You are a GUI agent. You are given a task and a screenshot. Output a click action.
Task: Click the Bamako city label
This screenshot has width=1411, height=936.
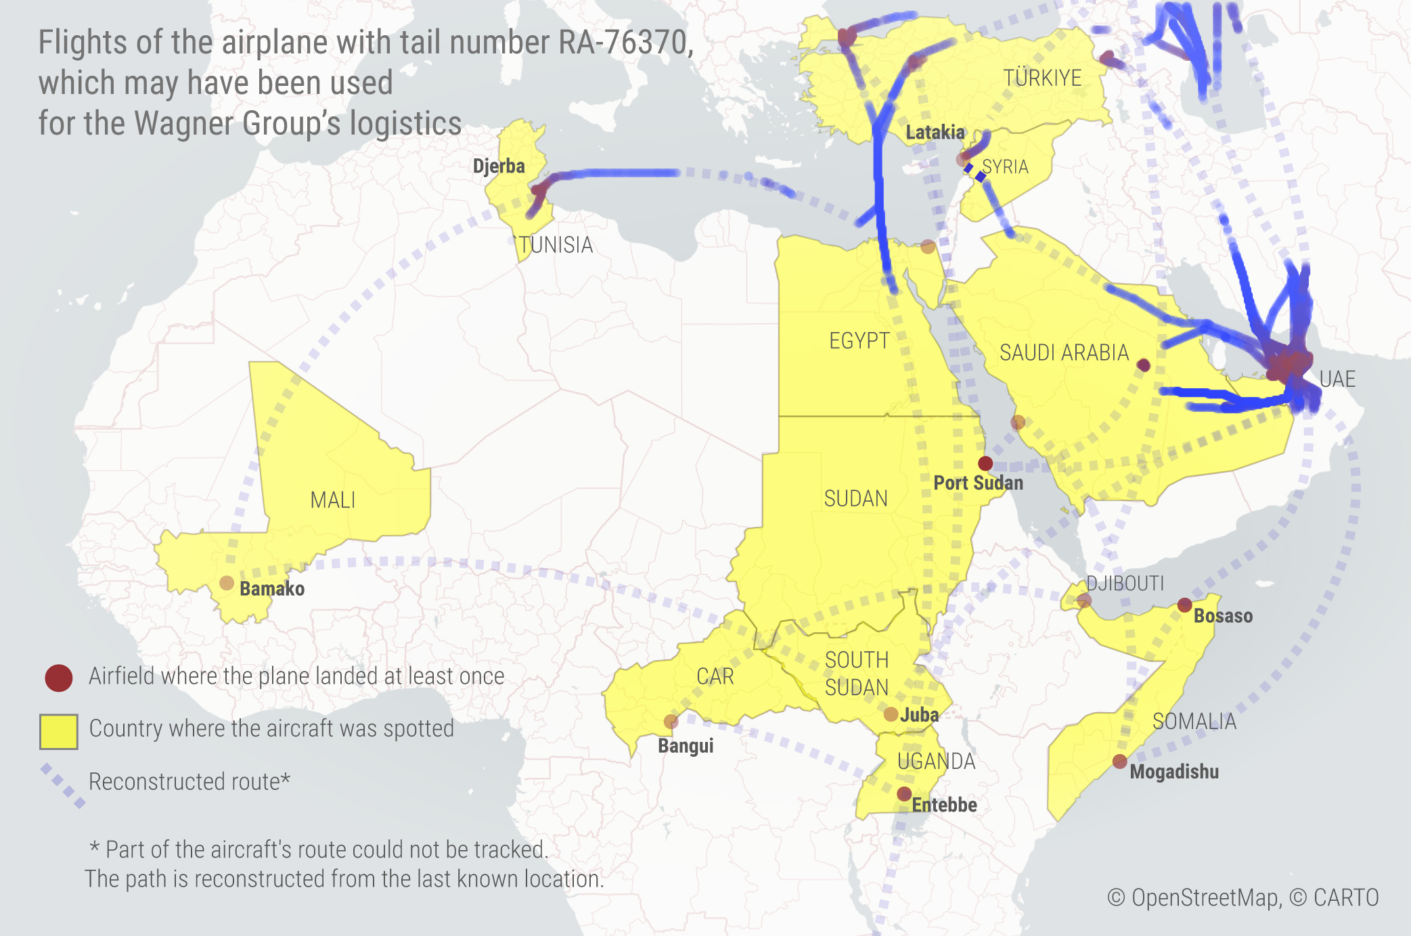272,588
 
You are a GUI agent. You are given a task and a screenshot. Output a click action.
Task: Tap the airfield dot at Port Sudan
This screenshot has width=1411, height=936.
985,463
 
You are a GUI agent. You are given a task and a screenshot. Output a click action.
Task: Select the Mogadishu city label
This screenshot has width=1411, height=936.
1174,772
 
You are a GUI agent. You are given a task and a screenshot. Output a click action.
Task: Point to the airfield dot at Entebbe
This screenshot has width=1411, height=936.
904,794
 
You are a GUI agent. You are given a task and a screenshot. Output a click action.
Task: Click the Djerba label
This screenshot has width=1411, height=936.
499,166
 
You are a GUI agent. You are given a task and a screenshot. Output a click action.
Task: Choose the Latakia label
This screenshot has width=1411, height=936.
935,132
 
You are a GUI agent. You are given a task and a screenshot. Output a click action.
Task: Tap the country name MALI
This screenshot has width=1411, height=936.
332,500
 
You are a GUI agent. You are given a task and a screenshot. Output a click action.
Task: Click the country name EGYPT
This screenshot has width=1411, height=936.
859,340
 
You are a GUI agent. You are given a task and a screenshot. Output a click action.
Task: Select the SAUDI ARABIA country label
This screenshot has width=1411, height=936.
1064,352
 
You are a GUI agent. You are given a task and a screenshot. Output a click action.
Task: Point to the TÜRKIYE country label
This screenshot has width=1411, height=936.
1042,78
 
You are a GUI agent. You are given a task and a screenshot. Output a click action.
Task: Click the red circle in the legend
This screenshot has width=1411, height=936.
59,678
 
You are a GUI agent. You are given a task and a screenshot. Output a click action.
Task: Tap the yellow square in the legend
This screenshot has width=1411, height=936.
58,731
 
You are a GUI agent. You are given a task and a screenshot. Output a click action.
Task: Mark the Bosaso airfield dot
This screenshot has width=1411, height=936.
1184,605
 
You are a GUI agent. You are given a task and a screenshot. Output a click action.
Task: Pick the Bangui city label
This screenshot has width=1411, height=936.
686,745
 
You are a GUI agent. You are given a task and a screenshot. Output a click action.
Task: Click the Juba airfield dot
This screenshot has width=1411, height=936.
891,714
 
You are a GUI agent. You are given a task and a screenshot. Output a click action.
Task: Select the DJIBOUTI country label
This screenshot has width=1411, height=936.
1125,583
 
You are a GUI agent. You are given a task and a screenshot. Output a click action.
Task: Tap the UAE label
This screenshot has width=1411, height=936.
1337,379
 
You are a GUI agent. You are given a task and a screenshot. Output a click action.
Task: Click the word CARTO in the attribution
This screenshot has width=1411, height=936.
1345,897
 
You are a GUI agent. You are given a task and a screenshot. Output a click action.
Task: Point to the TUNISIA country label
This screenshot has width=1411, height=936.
556,245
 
